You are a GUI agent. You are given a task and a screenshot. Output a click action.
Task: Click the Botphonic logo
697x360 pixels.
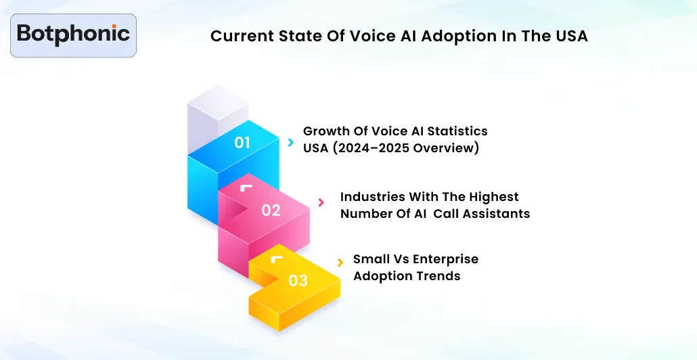coord(73,35)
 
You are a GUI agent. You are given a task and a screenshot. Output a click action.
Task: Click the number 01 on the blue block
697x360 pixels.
coord(242,143)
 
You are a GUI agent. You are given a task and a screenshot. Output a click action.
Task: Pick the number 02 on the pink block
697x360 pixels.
coord(271,210)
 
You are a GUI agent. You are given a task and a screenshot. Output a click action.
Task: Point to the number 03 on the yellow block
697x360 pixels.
coord(298,280)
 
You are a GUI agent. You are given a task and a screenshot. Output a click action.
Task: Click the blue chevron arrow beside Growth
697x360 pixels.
coord(290,142)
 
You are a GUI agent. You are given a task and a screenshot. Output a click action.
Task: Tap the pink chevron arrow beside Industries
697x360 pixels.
coord(321,202)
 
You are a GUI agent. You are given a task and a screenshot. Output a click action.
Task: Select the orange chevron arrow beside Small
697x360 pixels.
coord(340,263)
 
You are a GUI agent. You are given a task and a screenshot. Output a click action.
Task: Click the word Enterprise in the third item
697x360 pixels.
coord(445,259)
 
